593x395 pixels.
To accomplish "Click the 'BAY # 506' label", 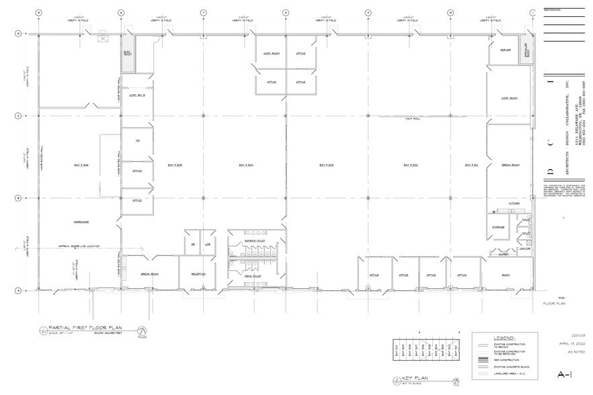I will (x=81, y=165).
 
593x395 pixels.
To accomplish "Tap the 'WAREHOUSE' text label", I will (x=81, y=221).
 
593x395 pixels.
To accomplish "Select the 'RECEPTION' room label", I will (x=198, y=274).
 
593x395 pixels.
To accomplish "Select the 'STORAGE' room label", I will (x=498, y=228).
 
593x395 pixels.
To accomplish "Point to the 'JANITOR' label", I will (x=525, y=248).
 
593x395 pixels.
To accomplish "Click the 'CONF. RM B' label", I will (x=137, y=95).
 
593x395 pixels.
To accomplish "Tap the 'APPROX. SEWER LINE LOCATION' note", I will (x=79, y=246).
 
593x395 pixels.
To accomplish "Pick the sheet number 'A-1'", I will (x=565, y=374).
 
